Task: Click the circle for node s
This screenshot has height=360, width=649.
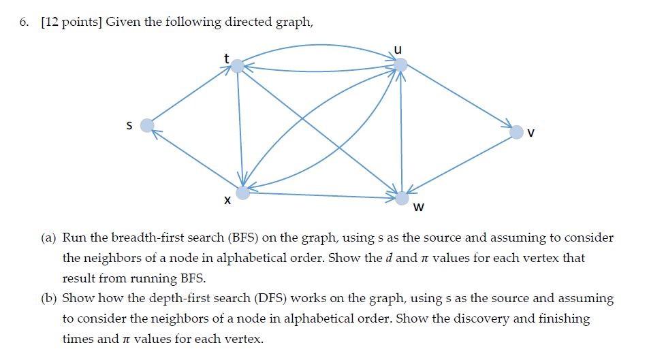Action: (146, 125)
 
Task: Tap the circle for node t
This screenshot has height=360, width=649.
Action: (237, 66)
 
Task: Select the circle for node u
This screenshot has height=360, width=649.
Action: (401, 65)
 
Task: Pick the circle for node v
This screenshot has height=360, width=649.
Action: (517, 131)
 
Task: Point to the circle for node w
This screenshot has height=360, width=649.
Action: (402, 198)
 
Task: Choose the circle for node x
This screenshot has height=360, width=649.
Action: (242, 193)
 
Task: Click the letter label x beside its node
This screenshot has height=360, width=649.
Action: (227, 202)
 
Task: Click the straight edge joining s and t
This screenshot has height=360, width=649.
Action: (191, 96)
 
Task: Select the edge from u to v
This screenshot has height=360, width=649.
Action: (460, 98)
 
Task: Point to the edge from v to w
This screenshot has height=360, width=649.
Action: (460, 164)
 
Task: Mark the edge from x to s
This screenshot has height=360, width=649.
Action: (194, 159)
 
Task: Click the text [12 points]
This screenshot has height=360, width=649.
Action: (69, 22)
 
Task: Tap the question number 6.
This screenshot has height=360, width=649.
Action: (24, 22)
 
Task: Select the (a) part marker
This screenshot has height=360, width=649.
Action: (48, 238)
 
